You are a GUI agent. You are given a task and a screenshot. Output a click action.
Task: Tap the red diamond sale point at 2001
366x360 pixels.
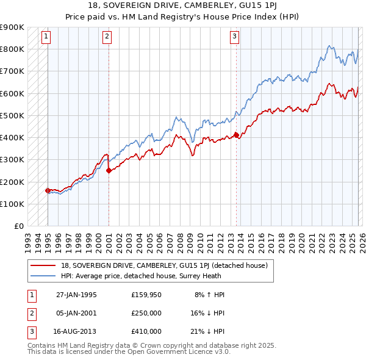tap(109, 171)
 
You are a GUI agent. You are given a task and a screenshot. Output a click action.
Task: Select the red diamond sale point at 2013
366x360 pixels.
tap(236, 135)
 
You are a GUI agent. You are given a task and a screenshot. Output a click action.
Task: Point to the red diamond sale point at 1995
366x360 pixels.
tap(48, 190)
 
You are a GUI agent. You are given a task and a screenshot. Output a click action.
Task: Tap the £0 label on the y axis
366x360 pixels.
tap(18, 226)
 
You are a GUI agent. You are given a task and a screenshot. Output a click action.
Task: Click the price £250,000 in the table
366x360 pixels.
tap(146, 313)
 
